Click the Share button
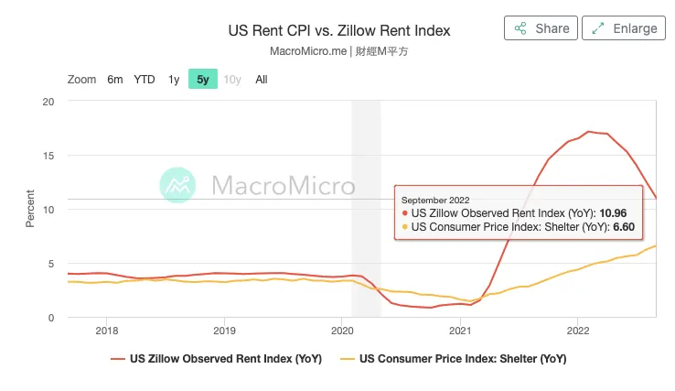click(x=541, y=28)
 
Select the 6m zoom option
click(x=114, y=80)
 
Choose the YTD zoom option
click(x=145, y=80)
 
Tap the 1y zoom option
click(x=174, y=80)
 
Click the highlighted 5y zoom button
click(x=203, y=80)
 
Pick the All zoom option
click(x=262, y=80)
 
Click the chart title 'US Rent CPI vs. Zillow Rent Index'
click(x=338, y=31)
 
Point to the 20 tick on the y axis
click(x=49, y=101)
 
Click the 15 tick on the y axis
click(x=49, y=155)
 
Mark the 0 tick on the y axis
click(x=52, y=318)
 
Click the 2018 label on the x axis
click(x=107, y=331)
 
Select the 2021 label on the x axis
click(x=460, y=331)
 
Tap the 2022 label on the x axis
click(x=578, y=331)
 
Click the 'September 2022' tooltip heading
click(x=435, y=199)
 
